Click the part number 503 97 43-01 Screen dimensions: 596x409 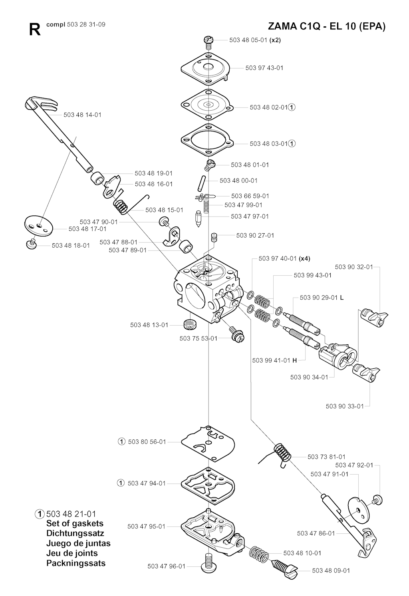(264, 68)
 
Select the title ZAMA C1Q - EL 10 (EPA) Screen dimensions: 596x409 (327, 27)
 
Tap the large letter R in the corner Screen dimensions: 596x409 (35, 30)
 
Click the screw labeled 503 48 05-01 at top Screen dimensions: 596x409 (208, 40)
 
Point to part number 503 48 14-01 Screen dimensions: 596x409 (82, 115)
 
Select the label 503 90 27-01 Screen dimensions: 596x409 (255, 235)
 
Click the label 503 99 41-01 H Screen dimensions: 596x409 (274, 360)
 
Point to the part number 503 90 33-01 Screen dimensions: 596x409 (345, 406)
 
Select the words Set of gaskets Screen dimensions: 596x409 (75, 523)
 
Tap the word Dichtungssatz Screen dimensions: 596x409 (75, 533)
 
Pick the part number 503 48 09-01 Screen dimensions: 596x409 (331, 570)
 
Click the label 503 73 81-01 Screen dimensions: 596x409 (326, 457)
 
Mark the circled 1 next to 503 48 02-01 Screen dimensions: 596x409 (292, 107)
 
